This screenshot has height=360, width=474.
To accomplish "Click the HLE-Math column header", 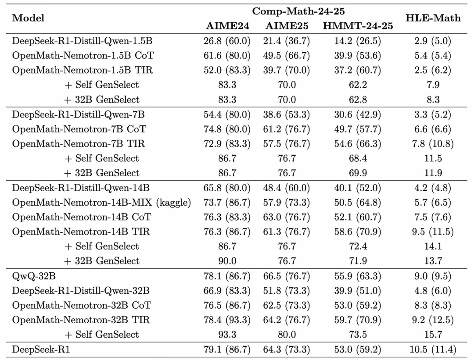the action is point(433,18).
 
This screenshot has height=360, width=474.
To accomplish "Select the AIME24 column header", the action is point(227,26).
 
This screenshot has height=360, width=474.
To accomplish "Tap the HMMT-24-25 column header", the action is point(358,26).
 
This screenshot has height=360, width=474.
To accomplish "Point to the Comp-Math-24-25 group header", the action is point(298,11).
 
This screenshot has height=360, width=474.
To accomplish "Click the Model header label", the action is point(28,18).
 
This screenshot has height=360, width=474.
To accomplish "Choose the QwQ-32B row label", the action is point(34,276).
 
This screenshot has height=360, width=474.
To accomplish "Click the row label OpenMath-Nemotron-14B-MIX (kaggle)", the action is point(101,202).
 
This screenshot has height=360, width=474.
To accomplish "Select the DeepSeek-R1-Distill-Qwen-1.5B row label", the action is point(82,41).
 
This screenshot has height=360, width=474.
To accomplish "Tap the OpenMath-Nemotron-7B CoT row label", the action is point(79,129).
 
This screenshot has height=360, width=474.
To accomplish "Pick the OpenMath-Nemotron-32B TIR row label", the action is point(81,320).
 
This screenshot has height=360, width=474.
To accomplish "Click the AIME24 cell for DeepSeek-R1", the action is point(227,349).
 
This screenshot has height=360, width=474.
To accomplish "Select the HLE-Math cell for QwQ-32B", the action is point(433,276).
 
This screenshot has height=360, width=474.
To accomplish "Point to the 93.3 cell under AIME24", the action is point(227,335).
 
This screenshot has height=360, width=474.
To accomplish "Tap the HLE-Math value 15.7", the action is point(433,335).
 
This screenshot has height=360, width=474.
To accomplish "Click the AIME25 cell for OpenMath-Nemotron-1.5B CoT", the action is point(287,56).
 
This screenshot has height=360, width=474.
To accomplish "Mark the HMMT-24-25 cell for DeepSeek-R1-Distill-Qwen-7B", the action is point(358,115).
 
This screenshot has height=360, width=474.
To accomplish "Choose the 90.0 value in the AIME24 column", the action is point(227,261).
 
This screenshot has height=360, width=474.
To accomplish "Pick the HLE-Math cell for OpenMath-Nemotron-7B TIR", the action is point(433,144).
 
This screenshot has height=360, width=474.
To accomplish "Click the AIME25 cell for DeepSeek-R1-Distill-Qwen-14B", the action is point(287,188).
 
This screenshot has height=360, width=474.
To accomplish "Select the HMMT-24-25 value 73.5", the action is point(358,335).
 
